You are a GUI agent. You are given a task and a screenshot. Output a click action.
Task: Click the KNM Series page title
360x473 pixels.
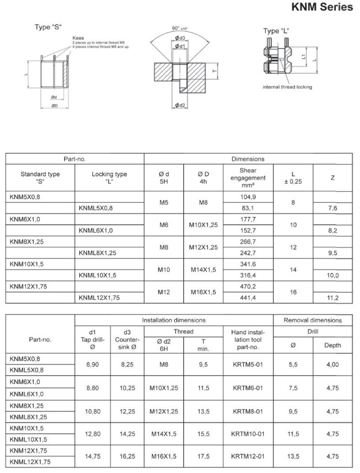pyautogui.click(x=322, y=8)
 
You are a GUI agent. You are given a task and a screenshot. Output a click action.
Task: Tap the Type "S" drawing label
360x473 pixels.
pyautogui.click(x=48, y=27)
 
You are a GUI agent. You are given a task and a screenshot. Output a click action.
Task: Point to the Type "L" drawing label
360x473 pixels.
pyautogui.click(x=276, y=31)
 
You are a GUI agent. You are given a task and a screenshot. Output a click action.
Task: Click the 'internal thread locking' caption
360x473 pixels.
pyautogui.click(x=287, y=87)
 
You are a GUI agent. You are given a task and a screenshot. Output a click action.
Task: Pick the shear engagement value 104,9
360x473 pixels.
pyautogui.click(x=248, y=197)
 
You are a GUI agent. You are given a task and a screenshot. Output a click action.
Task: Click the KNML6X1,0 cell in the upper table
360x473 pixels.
pyautogui.click(x=95, y=230)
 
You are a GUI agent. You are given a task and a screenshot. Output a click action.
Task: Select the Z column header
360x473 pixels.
pyautogui.click(x=332, y=178)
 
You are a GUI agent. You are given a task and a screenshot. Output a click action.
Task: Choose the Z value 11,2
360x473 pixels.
pyautogui.click(x=333, y=297)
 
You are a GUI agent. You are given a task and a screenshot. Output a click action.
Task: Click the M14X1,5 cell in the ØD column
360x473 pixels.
pyautogui.click(x=203, y=269)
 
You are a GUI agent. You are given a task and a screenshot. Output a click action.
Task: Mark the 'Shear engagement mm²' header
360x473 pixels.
pyautogui.click(x=248, y=178)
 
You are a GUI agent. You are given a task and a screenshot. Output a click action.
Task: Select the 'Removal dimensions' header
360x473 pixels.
pyautogui.click(x=312, y=320)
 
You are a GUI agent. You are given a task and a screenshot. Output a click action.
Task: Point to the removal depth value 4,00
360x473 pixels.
pyautogui.click(x=333, y=364)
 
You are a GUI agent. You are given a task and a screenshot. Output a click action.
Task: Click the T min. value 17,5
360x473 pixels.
pyautogui.click(x=204, y=457)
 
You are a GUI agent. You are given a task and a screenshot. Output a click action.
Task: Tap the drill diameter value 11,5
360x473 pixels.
pyautogui.click(x=292, y=434)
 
